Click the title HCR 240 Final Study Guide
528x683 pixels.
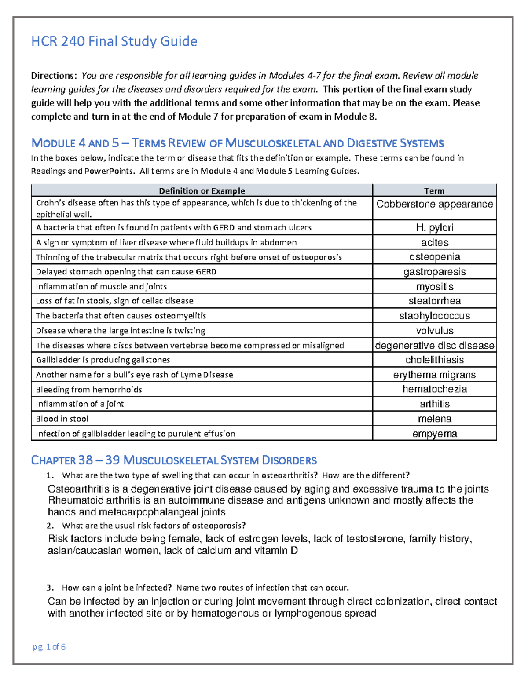[114, 41]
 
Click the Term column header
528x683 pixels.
[434, 191]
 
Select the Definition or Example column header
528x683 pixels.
[202, 191]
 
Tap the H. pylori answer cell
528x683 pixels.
[434, 228]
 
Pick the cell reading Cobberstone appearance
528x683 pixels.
[434, 204]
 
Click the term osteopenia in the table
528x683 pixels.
[434, 257]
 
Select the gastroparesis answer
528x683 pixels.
[434, 272]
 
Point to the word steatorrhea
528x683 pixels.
[434, 301]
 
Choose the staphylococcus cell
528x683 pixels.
[434, 316]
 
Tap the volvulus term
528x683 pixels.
[434, 331]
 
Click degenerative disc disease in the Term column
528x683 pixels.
[434, 346]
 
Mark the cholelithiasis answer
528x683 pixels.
[434, 360]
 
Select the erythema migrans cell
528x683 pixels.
[434, 375]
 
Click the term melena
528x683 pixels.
[434, 419]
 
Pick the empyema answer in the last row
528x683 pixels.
[434, 434]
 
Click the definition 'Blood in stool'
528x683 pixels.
[62, 419]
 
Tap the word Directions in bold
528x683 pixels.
[54, 76]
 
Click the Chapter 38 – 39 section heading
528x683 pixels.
[174, 460]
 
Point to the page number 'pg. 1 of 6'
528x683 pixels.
[49, 646]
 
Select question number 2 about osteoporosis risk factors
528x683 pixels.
[154, 526]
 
